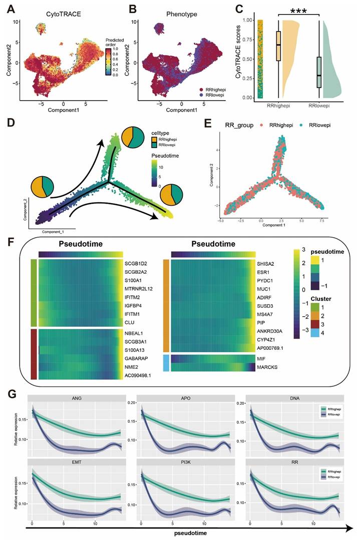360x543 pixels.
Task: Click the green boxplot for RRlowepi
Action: coord(318,72)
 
